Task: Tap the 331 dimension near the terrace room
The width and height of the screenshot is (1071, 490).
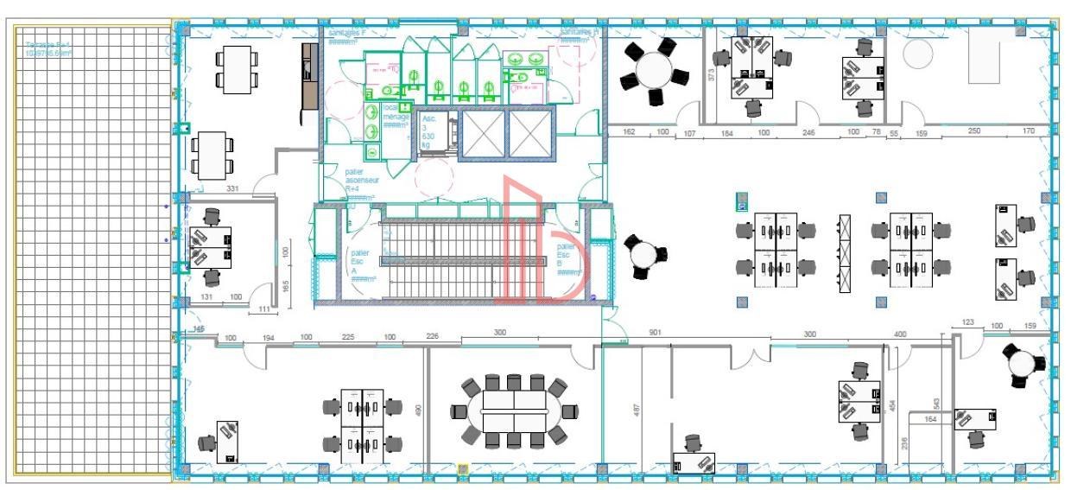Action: tap(232, 188)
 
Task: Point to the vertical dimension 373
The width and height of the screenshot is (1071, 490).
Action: tap(711, 75)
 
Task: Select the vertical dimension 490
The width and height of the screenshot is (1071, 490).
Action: tap(419, 412)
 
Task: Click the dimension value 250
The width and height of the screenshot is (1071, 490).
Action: tap(974, 131)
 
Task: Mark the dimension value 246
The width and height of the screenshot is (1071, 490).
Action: tap(808, 132)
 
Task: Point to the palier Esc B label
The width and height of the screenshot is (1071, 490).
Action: tap(565, 258)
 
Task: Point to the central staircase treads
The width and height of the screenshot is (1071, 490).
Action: tap(440, 255)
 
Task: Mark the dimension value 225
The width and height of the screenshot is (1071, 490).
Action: tap(348, 337)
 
